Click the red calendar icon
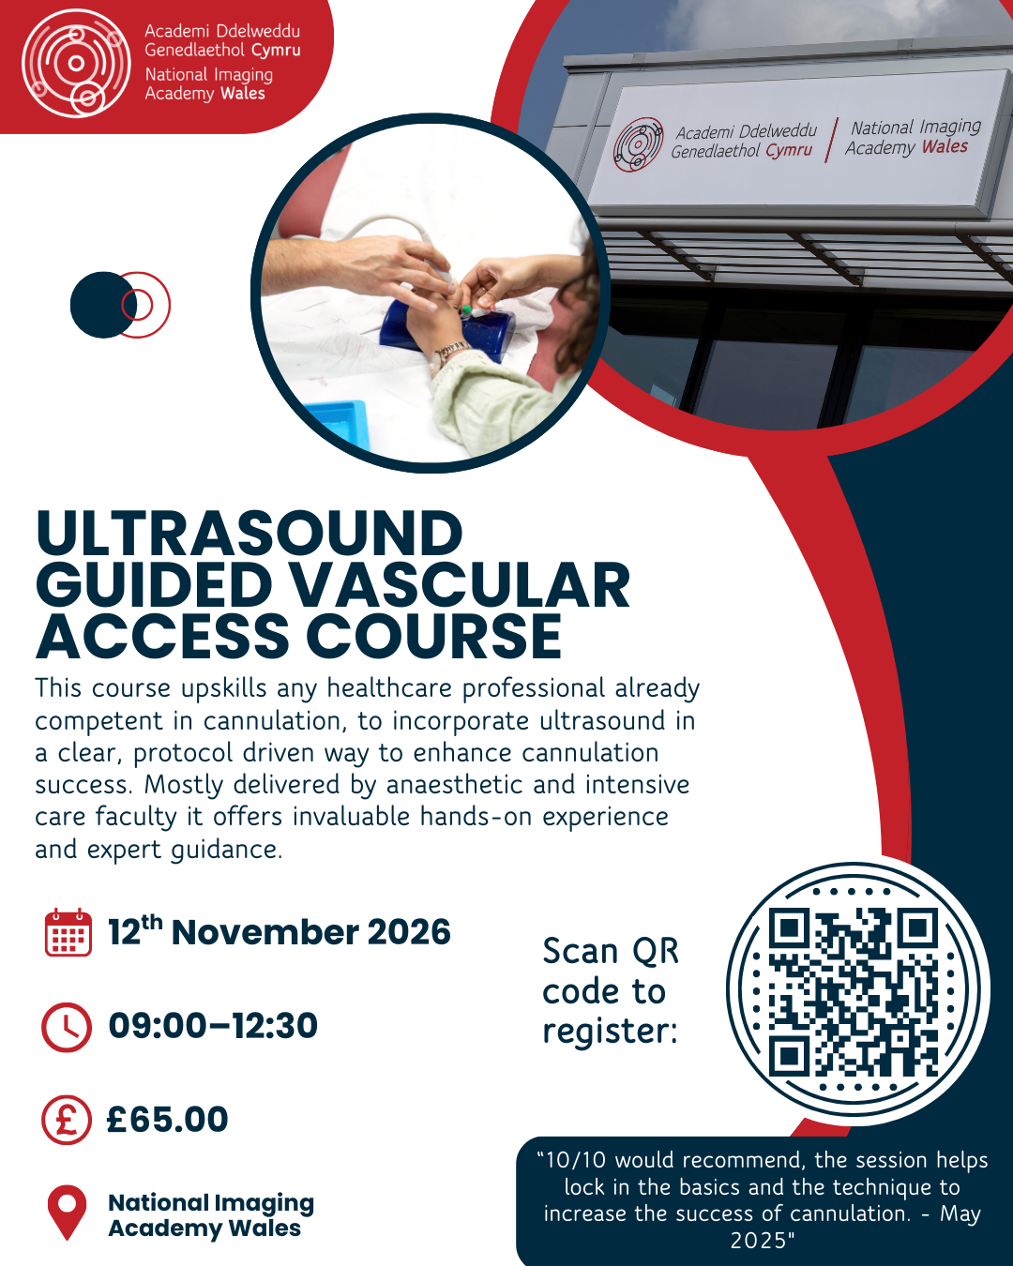(68, 932)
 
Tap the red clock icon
(67, 1027)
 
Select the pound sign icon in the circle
(67, 1120)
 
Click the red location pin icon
(68, 1212)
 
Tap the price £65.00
(167, 1119)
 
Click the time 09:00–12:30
(213, 1026)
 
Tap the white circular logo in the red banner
(76, 63)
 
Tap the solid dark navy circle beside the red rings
(103, 305)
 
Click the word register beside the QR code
(610, 1032)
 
